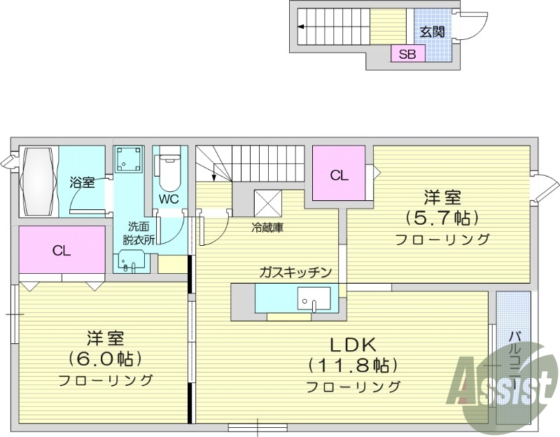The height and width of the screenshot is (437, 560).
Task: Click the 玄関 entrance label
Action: pos(433,32)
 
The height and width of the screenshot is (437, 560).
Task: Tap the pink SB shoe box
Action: pos(407,54)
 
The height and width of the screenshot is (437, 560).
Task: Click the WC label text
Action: pos(169,199)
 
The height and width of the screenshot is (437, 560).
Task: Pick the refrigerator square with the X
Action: pos(268,204)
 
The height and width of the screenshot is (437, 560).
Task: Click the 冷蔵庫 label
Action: pos(268,228)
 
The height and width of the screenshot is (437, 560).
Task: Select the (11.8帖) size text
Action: pos(353,365)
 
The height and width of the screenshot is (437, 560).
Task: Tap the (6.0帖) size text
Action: pos(106,359)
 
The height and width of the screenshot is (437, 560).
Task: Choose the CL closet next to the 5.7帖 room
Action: pos(339,175)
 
